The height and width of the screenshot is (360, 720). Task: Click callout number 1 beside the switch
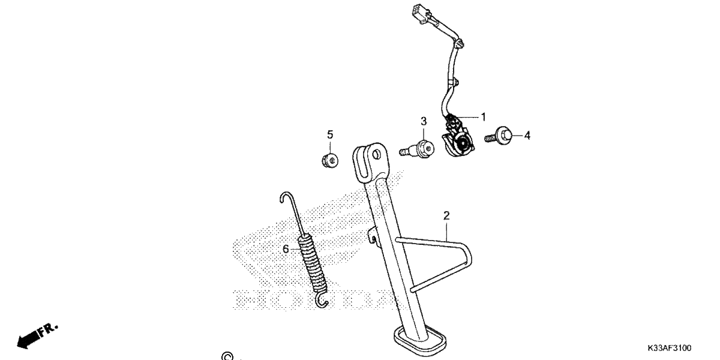pos(483,117)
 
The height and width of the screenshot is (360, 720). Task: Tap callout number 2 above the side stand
pos(446,215)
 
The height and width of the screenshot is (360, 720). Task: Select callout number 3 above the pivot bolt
pos(424,121)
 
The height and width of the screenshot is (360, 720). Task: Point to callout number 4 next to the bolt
pos(527,136)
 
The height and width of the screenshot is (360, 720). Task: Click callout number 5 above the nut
pos(330,134)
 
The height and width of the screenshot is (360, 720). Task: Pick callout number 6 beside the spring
pos(286,249)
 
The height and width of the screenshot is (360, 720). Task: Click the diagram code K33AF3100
pos(669,348)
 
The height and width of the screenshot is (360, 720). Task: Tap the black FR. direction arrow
pos(37,336)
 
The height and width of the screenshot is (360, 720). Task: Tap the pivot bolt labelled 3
pos(417,149)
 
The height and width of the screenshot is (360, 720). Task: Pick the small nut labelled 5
pos(330,160)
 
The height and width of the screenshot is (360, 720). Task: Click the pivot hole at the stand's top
pos(376,155)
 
